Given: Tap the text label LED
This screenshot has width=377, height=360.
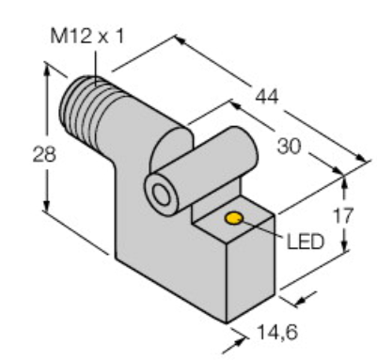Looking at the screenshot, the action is [x=305, y=242].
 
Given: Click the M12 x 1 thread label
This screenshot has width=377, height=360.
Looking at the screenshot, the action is [x=86, y=37].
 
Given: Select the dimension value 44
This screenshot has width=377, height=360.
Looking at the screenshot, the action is [x=267, y=97].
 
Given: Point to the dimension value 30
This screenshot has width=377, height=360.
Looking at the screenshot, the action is [x=289, y=146].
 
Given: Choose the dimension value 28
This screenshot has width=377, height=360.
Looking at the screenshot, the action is [x=44, y=154].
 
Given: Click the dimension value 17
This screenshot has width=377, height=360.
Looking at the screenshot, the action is [x=343, y=215].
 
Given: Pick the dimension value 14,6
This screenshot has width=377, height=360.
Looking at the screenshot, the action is [x=277, y=332].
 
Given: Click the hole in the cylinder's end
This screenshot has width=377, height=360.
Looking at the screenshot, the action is [x=162, y=195].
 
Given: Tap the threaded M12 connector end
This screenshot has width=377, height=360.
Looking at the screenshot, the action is [x=82, y=108].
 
